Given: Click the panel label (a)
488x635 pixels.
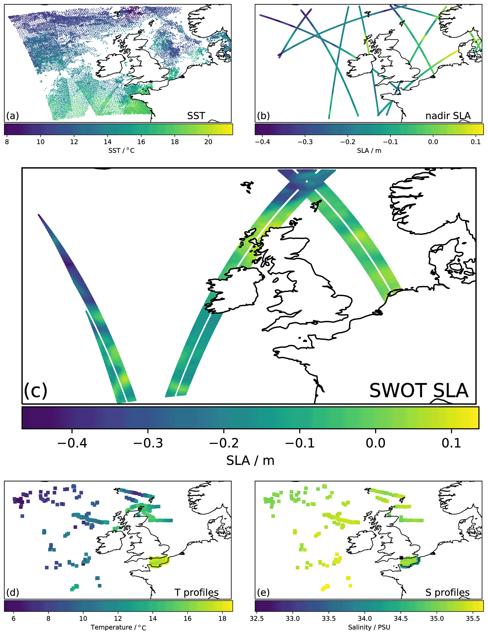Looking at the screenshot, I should click(x=13, y=116).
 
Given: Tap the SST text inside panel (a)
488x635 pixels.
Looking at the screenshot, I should click(x=196, y=116).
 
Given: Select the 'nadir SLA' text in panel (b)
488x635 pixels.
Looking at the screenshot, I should click(x=448, y=116).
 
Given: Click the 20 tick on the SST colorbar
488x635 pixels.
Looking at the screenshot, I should click(x=208, y=142).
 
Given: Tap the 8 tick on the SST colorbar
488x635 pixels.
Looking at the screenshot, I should click(x=7, y=142).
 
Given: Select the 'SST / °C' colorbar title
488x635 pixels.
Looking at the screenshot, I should click(x=121, y=150).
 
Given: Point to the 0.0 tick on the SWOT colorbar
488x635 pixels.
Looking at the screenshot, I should click(x=376, y=443).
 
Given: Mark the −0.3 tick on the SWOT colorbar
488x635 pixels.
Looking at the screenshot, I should click(x=148, y=443).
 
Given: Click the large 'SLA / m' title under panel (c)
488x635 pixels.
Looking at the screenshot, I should click(x=250, y=461).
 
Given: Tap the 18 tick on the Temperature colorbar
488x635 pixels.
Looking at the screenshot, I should click(x=222, y=618).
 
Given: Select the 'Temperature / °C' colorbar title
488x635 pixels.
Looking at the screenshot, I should click(x=118, y=627).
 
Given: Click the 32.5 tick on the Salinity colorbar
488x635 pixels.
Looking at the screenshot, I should click(x=257, y=618).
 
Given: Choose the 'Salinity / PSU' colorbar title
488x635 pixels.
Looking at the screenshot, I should click(x=369, y=627).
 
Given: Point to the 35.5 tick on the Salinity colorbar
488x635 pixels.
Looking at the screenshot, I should click(x=473, y=618).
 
